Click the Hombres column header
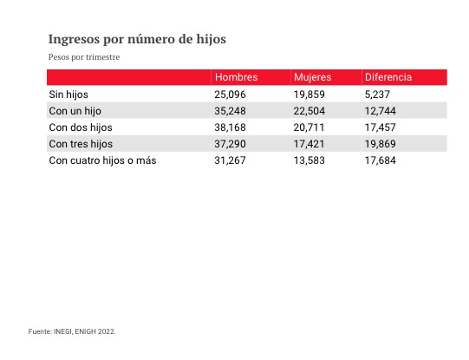coord(237,77)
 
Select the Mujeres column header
coord(313,77)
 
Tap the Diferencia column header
coord(388,77)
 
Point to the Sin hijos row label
coord(68,95)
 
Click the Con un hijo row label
coord(75,111)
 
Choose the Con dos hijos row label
coord(81,128)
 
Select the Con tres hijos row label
coord(81,144)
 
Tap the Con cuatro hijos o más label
coord(102,160)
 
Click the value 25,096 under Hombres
coord(230,95)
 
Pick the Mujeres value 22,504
coord(309,111)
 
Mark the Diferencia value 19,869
coord(381,144)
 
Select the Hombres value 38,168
coord(230,128)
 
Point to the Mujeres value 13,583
coord(309,160)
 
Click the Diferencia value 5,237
coord(377,95)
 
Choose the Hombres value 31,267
coord(230,160)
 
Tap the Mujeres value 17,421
coord(309,144)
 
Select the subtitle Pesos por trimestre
coord(84,57)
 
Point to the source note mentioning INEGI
coord(72,331)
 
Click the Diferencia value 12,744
coord(381,111)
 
